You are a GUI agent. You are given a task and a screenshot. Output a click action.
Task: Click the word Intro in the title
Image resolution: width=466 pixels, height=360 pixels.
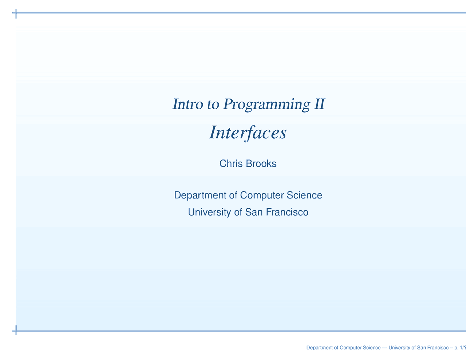click(187, 104)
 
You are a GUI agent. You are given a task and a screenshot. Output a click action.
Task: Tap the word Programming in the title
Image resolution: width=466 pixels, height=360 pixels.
click(266, 105)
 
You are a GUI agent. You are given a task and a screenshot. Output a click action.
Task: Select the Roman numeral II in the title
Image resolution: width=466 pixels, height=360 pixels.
click(320, 104)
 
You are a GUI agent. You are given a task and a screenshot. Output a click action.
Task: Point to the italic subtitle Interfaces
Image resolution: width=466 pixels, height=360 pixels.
click(248, 133)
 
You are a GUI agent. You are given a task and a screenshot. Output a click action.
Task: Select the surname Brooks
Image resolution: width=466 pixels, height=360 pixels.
click(261, 163)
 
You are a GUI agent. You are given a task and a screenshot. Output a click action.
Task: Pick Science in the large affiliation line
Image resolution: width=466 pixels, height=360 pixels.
click(304, 195)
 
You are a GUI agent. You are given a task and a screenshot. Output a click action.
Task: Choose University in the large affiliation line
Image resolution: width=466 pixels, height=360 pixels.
click(209, 212)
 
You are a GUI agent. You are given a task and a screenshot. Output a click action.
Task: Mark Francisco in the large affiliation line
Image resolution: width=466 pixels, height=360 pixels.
click(287, 212)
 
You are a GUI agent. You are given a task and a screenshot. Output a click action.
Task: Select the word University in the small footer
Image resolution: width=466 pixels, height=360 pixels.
click(399, 348)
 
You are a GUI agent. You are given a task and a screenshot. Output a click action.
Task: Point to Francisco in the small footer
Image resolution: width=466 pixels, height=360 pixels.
click(438, 347)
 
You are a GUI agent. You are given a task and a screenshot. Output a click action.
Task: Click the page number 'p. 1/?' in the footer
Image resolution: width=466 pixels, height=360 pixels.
click(460, 348)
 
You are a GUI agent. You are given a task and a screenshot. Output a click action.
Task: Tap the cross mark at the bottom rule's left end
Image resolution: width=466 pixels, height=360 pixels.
click(16, 331)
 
